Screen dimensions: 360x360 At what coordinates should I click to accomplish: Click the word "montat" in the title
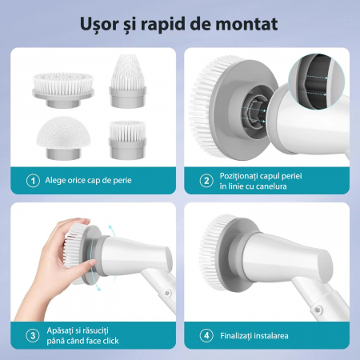[246, 24]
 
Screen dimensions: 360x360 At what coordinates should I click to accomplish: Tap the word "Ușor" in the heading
[99, 25]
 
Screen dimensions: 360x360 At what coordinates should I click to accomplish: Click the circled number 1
[33, 181]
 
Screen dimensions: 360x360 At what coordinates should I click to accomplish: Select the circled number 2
[206, 181]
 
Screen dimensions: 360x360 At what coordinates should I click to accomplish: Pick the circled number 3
[33, 335]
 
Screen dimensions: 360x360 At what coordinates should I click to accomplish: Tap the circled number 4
[206, 335]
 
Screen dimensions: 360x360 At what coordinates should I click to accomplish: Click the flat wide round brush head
[63, 90]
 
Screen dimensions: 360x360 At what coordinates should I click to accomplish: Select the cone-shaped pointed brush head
[128, 81]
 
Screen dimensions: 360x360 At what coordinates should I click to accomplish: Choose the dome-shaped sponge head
[63, 138]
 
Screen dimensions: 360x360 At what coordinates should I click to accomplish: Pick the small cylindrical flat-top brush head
[128, 140]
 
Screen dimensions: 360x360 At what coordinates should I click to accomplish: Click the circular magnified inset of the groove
[316, 82]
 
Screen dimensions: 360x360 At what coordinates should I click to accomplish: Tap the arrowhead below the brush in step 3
[98, 289]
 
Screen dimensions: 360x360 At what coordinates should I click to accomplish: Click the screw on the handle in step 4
[317, 310]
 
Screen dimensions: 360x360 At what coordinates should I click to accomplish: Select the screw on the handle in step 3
[167, 293]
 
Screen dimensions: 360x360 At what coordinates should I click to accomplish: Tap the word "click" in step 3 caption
[110, 341]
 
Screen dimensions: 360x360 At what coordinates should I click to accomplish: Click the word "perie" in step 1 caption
[122, 181]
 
